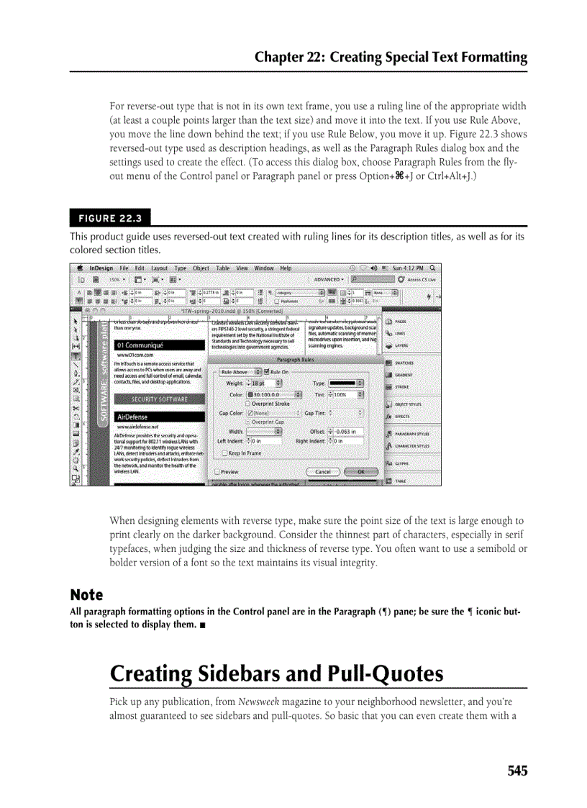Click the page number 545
517,771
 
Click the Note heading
86,595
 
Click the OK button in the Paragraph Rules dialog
361,472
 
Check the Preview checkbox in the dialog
218,472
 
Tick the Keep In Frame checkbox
225,453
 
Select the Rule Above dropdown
240,372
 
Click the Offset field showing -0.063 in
347,432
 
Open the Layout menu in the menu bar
159,268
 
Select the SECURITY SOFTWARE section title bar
159,399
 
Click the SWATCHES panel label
404,363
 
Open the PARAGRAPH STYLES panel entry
411,435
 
